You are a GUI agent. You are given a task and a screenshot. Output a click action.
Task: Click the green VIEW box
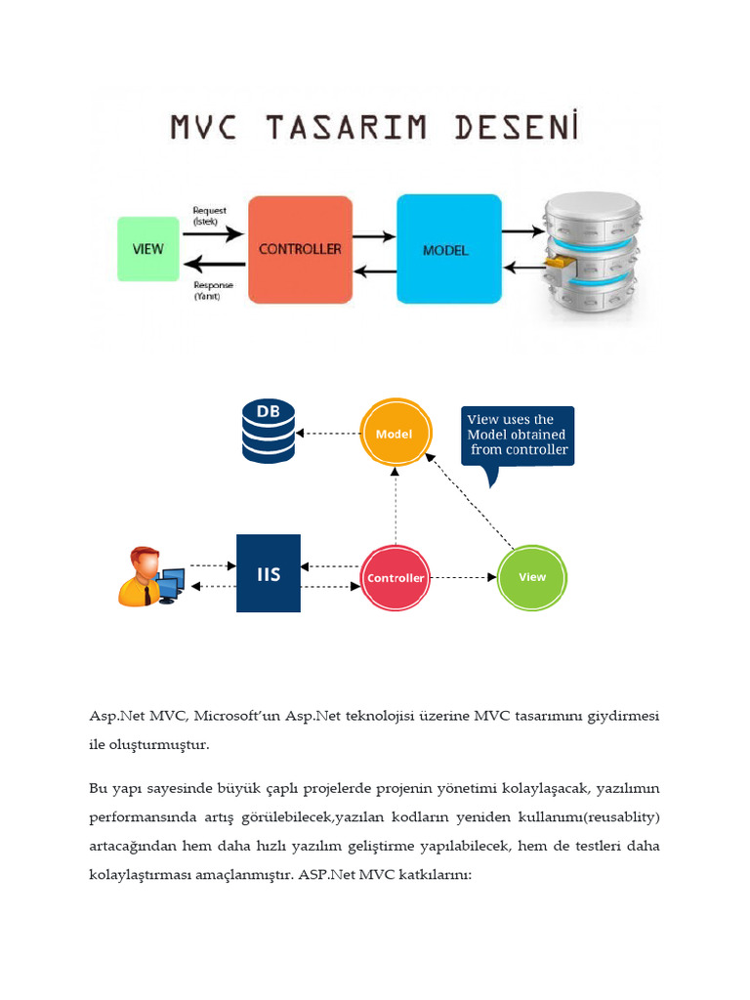pyautogui.click(x=148, y=249)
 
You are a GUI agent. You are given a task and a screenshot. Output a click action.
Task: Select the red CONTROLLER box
pyautogui.click(x=300, y=249)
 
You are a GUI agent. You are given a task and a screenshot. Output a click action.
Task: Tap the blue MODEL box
pyautogui.click(x=448, y=249)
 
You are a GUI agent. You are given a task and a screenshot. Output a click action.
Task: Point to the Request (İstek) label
pyautogui.click(x=210, y=214)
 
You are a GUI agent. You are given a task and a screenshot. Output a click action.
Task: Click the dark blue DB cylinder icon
pyautogui.click(x=268, y=432)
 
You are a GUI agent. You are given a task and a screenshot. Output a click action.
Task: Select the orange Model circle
pyautogui.click(x=395, y=434)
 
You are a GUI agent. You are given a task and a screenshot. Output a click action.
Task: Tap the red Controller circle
pyautogui.click(x=396, y=578)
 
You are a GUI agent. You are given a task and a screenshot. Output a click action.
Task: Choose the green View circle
pyautogui.click(x=532, y=577)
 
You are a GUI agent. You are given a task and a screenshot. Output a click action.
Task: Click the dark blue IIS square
pyautogui.click(x=269, y=574)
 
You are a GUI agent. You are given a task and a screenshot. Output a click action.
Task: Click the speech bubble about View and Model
pyautogui.click(x=518, y=437)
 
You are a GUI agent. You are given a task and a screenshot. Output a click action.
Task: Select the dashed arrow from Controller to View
pyautogui.click(x=465, y=577)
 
